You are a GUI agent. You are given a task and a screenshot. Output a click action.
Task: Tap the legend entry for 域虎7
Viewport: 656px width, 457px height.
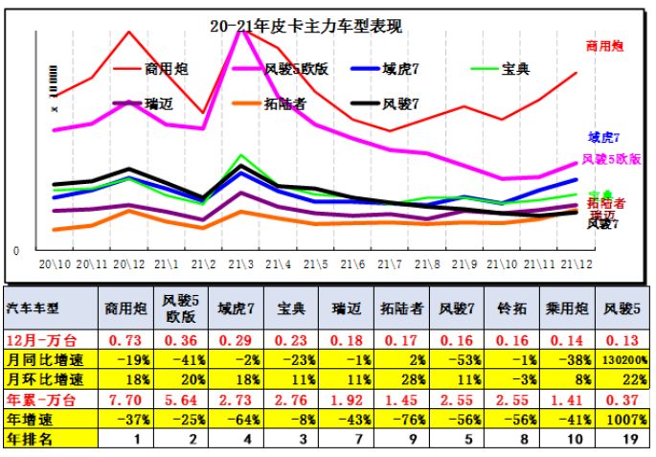click(410, 69)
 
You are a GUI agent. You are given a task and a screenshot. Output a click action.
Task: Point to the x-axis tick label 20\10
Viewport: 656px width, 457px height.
click(54, 263)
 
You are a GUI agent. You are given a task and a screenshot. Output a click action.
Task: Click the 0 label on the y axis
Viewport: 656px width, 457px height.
click(15, 251)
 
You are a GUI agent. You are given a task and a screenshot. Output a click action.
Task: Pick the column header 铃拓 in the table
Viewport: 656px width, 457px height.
click(512, 308)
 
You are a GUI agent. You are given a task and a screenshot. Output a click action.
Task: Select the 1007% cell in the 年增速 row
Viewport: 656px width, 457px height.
click(624, 418)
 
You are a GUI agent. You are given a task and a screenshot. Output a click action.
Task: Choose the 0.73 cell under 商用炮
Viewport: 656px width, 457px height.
click(126, 341)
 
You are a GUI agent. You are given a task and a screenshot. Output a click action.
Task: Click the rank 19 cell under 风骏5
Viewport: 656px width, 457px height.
click(624, 438)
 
